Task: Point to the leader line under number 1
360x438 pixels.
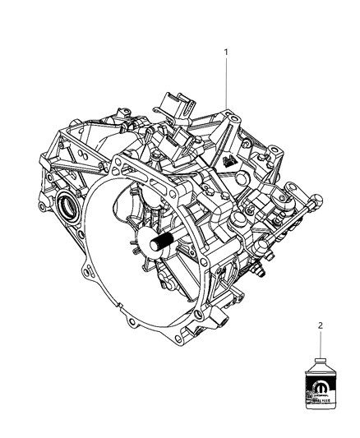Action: (228, 82)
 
